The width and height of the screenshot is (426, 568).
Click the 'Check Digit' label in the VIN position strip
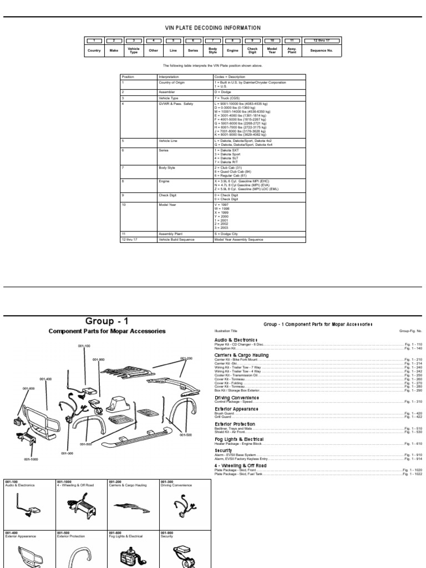(252, 50)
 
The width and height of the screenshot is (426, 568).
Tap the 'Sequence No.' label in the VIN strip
(321, 50)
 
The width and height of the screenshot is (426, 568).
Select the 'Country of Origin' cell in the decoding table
(173, 82)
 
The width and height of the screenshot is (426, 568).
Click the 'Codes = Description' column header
(230, 77)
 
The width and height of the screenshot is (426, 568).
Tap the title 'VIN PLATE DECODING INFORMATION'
(213, 28)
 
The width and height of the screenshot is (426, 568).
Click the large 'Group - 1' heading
(107, 321)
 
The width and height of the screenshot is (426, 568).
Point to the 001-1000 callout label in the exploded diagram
(31, 459)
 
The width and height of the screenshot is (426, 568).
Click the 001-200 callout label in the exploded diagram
(186, 358)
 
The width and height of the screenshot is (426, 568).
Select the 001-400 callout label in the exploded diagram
(45, 379)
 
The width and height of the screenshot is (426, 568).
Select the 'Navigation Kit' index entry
(227, 348)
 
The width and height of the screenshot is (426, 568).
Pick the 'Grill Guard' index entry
(223, 417)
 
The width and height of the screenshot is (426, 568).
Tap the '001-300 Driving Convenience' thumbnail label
(173, 483)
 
